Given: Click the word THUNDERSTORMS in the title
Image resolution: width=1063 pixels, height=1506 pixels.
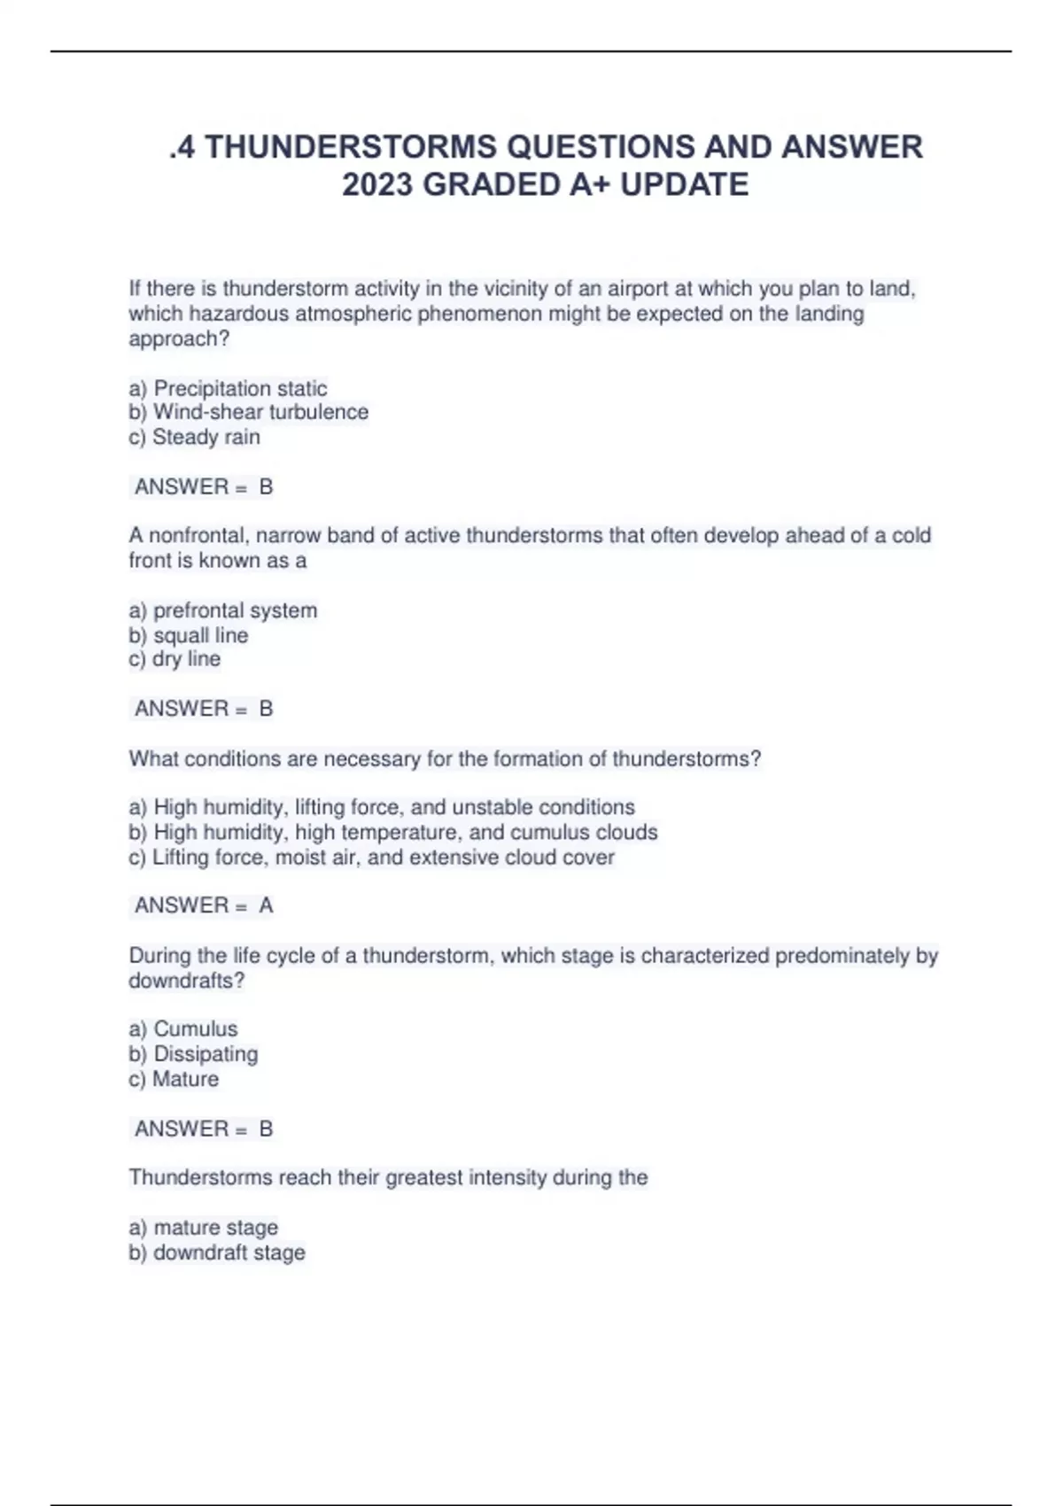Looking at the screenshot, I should click(350, 146).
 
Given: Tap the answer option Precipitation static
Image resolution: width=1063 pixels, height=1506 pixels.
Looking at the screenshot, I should click(240, 388).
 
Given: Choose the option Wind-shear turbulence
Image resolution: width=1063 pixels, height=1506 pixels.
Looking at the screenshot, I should click(260, 412).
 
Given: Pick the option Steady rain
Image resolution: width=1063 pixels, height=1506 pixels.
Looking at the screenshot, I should click(206, 437).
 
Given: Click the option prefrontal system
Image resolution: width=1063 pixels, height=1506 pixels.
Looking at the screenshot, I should click(235, 610).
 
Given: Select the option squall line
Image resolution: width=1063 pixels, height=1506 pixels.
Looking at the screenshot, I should click(200, 635).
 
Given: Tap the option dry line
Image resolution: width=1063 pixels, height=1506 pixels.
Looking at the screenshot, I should click(186, 659).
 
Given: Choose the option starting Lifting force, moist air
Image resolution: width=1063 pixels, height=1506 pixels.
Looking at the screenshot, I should click(383, 857).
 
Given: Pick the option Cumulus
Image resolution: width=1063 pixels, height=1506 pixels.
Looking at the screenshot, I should click(195, 1029).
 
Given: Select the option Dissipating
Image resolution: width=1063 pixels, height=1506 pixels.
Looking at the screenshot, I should click(206, 1053).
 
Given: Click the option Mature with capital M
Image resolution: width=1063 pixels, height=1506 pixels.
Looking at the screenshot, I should click(185, 1079).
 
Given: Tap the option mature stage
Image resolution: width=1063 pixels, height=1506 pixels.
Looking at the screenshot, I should click(215, 1227).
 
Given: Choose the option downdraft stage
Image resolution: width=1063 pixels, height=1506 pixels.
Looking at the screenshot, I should click(229, 1253).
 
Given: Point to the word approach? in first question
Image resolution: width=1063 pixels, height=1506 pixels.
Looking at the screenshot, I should click(179, 338).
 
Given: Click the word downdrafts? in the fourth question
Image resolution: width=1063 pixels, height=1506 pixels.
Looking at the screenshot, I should click(186, 981).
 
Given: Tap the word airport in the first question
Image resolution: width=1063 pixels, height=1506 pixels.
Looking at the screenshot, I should click(639, 289).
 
